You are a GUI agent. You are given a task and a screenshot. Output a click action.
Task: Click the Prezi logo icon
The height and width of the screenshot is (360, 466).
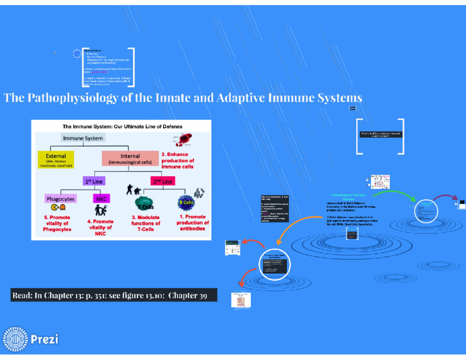click(16, 339)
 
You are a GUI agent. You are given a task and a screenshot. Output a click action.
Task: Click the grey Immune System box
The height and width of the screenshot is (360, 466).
click(83, 138)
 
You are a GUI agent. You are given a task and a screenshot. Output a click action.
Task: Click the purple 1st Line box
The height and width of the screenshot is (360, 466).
click(94, 181)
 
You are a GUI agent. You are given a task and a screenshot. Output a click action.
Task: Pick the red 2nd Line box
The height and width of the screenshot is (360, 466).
click(162, 181)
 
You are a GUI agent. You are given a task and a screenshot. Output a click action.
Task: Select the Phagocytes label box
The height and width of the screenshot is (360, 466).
click(61, 199)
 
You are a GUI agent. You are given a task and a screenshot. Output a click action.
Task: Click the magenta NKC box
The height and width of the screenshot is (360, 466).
click(101, 199)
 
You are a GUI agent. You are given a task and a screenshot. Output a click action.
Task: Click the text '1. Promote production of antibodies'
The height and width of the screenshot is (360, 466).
click(192, 223)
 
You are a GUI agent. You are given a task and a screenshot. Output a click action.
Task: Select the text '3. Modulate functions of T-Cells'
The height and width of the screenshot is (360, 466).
click(145, 223)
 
